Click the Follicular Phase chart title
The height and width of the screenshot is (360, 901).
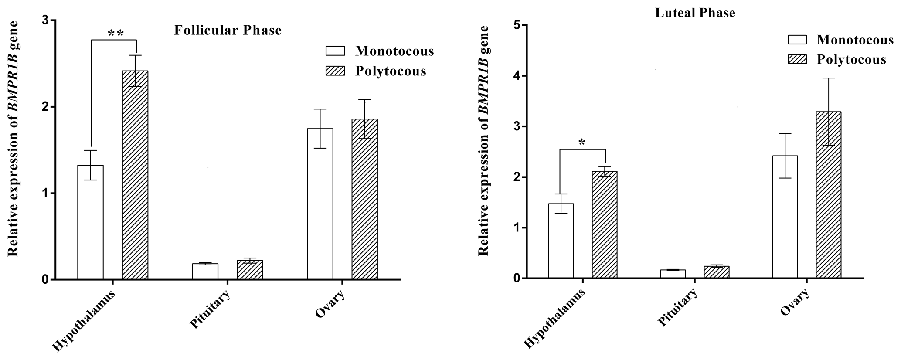point(228,31)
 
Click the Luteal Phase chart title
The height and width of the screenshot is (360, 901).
point(695,13)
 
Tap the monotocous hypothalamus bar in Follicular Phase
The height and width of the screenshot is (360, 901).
point(90,222)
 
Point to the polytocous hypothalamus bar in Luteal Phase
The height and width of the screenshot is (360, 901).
point(605,225)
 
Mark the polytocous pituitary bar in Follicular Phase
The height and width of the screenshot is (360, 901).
point(250,270)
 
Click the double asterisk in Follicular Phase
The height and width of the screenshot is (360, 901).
point(116,33)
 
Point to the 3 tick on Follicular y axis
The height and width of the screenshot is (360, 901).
point(46,20)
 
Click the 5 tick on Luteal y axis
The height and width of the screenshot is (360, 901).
point(517,25)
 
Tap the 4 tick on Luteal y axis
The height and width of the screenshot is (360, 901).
point(517,76)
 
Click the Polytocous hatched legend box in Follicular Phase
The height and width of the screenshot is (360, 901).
point(335,71)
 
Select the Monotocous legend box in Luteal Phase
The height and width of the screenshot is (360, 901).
point(797,40)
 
